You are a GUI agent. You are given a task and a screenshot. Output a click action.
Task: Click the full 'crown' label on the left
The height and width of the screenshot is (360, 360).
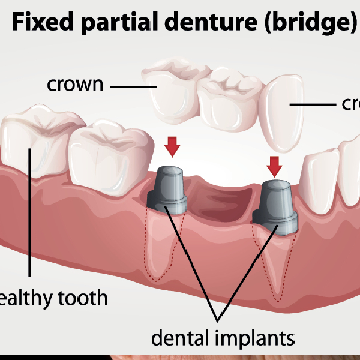tap(75, 85)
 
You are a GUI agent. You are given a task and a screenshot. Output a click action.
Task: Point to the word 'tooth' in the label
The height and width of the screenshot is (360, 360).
tap(82, 298)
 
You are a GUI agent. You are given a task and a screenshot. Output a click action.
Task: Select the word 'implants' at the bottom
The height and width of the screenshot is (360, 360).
tap(254, 338)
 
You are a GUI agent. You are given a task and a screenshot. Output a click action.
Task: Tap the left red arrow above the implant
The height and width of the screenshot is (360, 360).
tap(172, 145)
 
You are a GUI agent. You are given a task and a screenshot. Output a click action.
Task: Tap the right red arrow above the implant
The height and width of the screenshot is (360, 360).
tap(274, 165)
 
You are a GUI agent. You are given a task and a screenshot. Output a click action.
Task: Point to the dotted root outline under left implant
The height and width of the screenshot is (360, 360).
tap(160, 246)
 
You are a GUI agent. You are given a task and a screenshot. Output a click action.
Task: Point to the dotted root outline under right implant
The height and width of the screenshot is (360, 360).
tap(273, 264)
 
